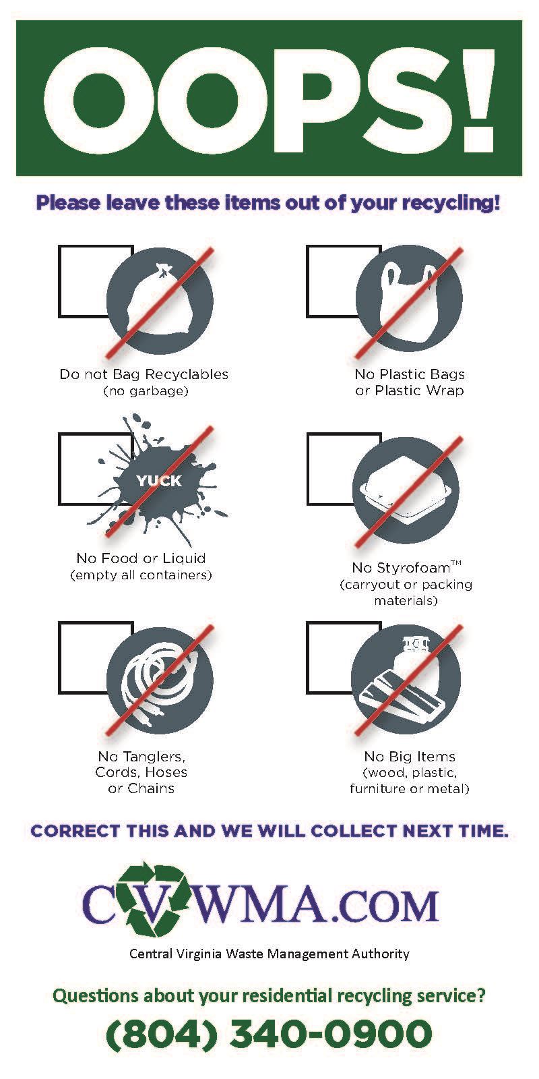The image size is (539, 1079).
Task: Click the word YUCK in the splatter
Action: (x=159, y=481)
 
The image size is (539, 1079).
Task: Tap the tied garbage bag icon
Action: (x=159, y=299)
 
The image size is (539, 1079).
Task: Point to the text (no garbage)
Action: (x=146, y=390)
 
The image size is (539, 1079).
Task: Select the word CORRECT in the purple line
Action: (x=75, y=831)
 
